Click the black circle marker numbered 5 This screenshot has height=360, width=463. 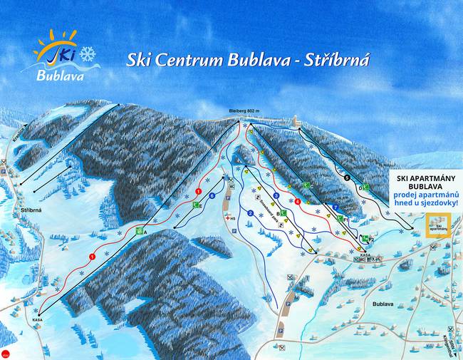tap(347, 176)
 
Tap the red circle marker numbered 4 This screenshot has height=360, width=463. tap(297, 201)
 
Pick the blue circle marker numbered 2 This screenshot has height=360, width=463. tap(250, 213)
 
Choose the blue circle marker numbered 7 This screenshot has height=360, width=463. tap(335, 207)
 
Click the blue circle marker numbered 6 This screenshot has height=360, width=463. tap(212, 195)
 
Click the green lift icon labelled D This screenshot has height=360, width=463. tap(363, 187)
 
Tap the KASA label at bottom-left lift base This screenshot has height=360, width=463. tap(37, 320)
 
